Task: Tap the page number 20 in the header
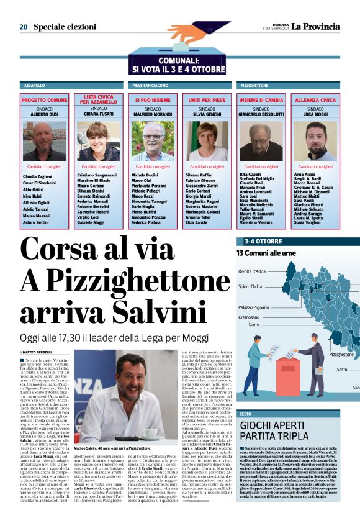tap(23, 27)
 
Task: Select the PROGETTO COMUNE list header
tap(44, 99)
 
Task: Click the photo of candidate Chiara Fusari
tap(99, 141)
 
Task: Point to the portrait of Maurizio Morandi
tap(153, 141)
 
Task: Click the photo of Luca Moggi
tap(315, 141)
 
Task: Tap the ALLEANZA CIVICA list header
tap(315, 99)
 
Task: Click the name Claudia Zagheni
tap(37, 176)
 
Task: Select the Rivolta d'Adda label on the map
tap(253, 271)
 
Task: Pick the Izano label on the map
tap(254, 324)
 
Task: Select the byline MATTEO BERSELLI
tap(38, 352)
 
